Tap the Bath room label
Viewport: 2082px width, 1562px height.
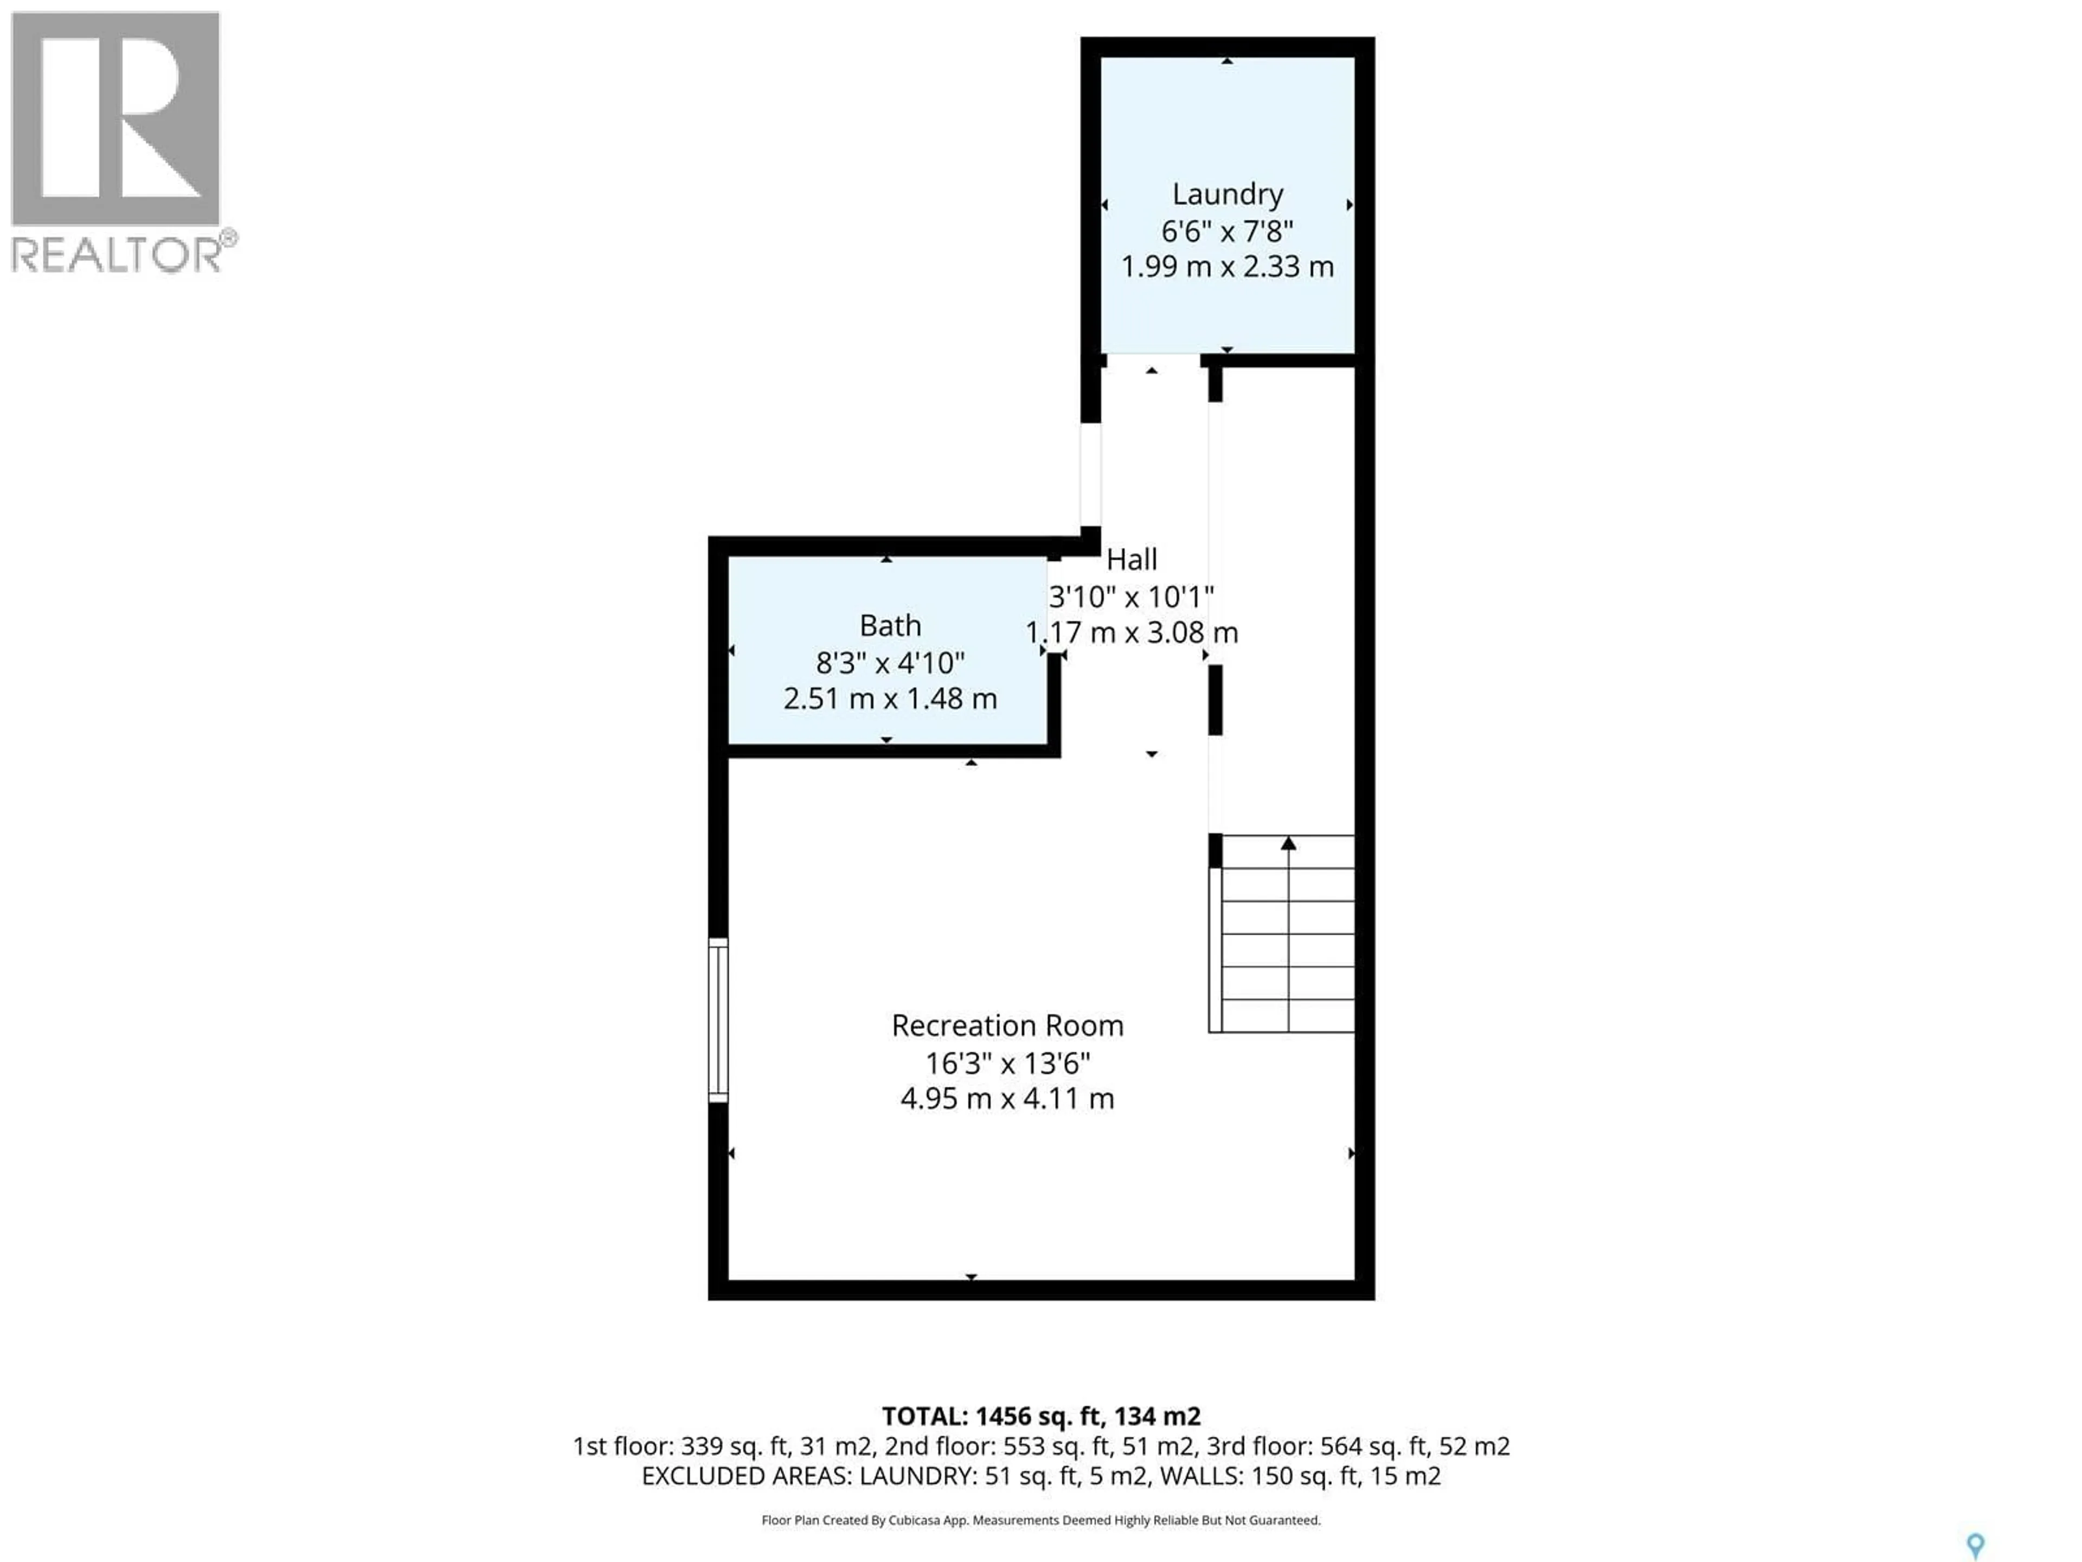pyautogui.click(x=890, y=625)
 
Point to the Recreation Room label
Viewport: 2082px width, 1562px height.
pyautogui.click(x=1007, y=1025)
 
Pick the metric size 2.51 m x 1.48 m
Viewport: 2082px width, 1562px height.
pyautogui.click(x=890, y=699)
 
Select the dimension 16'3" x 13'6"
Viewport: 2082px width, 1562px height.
pyautogui.click(x=1007, y=1063)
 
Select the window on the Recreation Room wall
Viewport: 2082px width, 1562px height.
pyautogui.click(x=718, y=1020)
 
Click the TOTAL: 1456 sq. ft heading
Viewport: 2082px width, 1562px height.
pyautogui.click(x=1040, y=1416)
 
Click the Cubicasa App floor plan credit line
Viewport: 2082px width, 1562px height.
pyautogui.click(x=1040, y=1520)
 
